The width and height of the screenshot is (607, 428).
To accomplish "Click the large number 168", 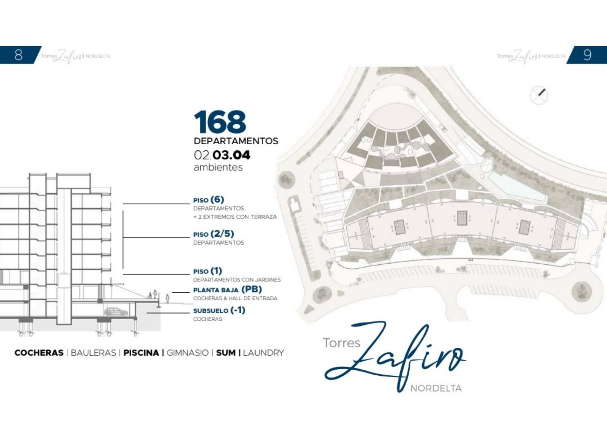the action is (x=220, y=122).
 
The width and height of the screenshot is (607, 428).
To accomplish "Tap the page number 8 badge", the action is (x=19, y=55).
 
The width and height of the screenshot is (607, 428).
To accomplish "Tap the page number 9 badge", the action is (x=587, y=55).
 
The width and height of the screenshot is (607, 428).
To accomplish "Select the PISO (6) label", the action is (x=209, y=200).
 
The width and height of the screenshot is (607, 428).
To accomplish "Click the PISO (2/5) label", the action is (x=214, y=234).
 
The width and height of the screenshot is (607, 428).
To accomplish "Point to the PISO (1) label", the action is (x=208, y=271).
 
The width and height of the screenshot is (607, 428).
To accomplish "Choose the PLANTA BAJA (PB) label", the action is (x=228, y=289).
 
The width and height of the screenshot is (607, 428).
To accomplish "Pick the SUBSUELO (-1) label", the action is (x=219, y=310).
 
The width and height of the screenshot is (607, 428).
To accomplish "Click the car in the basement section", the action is (x=116, y=312).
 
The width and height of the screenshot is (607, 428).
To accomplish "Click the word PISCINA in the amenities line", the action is (x=141, y=353).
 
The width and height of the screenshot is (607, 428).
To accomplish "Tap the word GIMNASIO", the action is (x=187, y=353).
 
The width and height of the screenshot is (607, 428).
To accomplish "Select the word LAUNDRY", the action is (x=263, y=353).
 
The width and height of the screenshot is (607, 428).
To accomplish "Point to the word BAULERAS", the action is (x=93, y=353).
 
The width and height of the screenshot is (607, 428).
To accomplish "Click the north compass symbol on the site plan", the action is (x=539, y=95).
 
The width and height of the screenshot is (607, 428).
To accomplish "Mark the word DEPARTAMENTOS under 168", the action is (x=236, y=141).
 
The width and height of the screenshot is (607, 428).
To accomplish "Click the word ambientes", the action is (x=218, y=167).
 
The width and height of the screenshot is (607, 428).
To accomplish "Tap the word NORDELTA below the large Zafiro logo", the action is (x=436, y=389).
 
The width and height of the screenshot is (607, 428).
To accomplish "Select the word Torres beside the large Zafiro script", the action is (x=341, y=343).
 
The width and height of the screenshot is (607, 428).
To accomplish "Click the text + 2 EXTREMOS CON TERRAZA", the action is (x=235, y=217).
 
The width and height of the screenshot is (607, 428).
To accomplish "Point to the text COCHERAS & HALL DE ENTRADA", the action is (x=235, y=298).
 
